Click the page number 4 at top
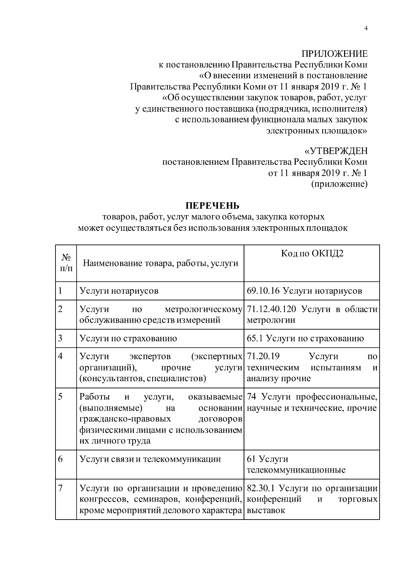(x=366, y=28)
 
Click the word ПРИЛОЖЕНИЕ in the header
(x=334, y=54)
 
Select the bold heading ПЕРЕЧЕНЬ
(x=212, y=206)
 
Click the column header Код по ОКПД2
(x=312, y=254)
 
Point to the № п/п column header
(x=66, y=263)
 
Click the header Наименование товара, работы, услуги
(x=160, y=263)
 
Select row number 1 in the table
(x=61, y=290)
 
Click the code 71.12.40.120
(x=272, y=309)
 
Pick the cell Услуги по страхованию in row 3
(x=128, y=339)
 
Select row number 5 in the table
(x=61, y=396)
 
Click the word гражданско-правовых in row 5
(x=125, y=419)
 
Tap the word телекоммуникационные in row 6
(x=296, y=470)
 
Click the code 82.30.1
(x=262, y=488)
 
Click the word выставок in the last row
(x=266, y=510)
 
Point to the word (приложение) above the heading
(x=339, y=184)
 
